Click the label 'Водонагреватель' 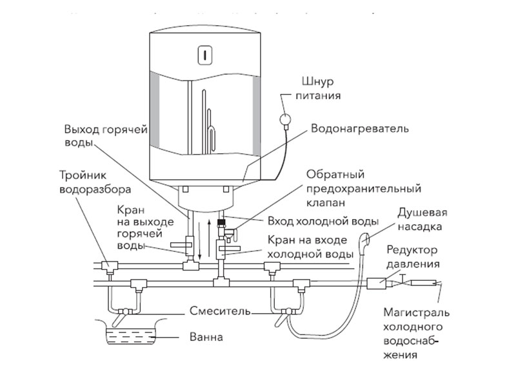point(361,129)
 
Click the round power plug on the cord point(283,119)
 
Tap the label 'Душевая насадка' point(422,220)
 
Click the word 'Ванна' point(203,336)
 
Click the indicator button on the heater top point(204,55)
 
